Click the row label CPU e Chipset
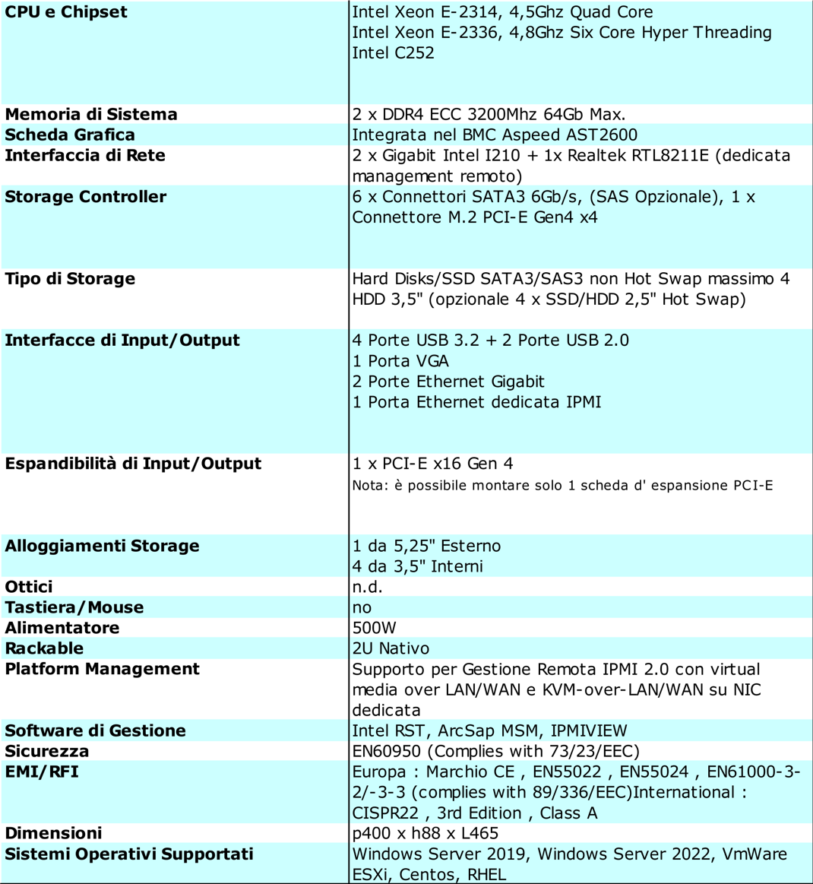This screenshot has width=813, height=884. (66, 12)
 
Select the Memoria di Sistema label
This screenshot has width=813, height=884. (91, 115)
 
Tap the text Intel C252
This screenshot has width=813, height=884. (393, 53)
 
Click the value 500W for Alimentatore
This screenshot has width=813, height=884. (374, 628)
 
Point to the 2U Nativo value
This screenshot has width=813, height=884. (391, 648)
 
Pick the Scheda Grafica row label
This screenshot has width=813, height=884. (70, 135)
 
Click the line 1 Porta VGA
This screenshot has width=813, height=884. (400, 361)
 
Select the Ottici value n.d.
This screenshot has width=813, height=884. (367, 587)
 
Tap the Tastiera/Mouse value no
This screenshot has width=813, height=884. (362, 607)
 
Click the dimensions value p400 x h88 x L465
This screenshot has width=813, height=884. (425, 833)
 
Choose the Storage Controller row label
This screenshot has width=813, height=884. (85, 197)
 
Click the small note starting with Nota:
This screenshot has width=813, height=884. (562, 486)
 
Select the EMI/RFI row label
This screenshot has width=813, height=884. (42, 772)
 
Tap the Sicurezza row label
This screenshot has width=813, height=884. (47, 751)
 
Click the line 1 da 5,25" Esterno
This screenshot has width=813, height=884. (426, 546)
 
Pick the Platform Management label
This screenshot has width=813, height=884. (102, 669)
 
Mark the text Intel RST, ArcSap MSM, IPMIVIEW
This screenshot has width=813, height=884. (489, 730)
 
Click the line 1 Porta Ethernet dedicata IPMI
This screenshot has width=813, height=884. (476, 402)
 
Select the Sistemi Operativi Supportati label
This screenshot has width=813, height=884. (129, 854)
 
